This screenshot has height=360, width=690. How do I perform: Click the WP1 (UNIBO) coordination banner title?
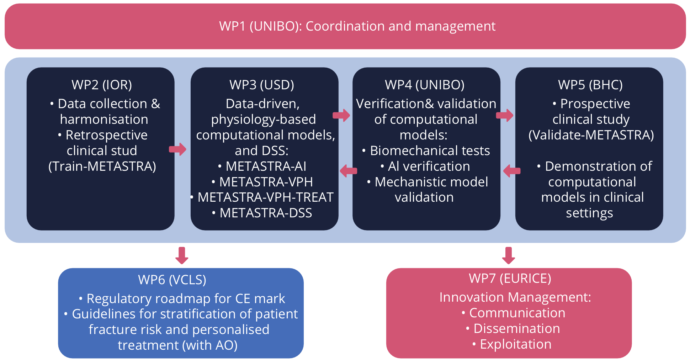coord(357,26)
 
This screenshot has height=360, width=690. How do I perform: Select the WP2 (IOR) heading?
coord(102,85)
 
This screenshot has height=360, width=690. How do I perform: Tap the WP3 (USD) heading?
coord(262,85)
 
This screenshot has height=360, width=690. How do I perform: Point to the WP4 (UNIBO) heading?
coord(425,85)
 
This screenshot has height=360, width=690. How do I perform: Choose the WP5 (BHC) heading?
coord(590,85)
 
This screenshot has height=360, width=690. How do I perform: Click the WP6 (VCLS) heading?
coord(172,280)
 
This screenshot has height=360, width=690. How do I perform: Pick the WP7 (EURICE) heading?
coord(510,279)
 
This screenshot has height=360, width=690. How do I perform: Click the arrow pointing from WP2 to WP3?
coord(178,149)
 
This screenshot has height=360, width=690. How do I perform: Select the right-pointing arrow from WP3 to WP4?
coord(341,115)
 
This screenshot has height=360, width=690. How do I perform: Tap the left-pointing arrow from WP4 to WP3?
coord(348,171)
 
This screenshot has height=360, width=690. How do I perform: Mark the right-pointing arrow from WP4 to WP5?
coord(505,115)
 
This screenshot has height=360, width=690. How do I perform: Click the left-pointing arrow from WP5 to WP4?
coord(512,171)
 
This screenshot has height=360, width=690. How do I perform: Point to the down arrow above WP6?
coord(182,255)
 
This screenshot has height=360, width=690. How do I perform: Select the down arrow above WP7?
coord(509,255)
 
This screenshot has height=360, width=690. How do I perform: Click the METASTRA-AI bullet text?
coord(266,166)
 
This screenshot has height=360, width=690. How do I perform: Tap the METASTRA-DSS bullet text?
coord(266,213)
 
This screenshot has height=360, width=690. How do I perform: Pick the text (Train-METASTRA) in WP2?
coord(102,166)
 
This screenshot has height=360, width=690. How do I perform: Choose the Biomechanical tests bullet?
coord(430,151)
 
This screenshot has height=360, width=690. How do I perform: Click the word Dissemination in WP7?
coord(516,329)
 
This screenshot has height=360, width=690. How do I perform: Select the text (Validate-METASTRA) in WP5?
coord(591,135)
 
